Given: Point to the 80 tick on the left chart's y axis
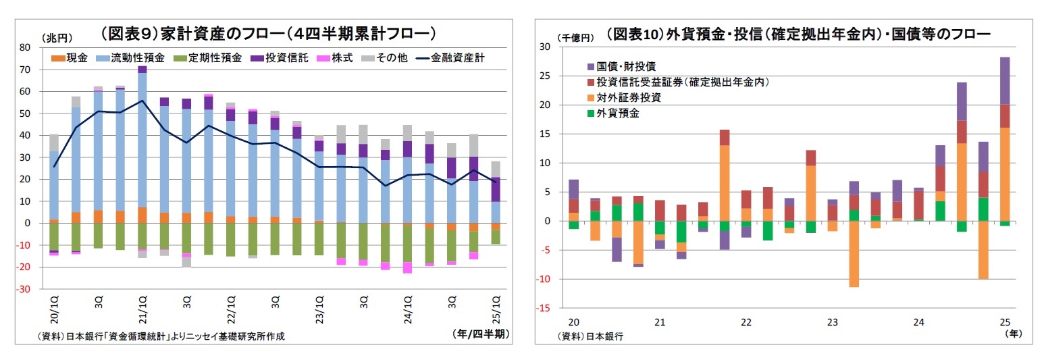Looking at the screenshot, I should (x=25, y=47).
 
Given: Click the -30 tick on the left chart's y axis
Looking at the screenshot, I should (x=24, y=289).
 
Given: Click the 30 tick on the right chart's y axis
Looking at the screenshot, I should (x=546, y=47).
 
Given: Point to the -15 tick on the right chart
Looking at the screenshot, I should (x=544, y=309).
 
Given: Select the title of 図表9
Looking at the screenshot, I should (x=267, y=32).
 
